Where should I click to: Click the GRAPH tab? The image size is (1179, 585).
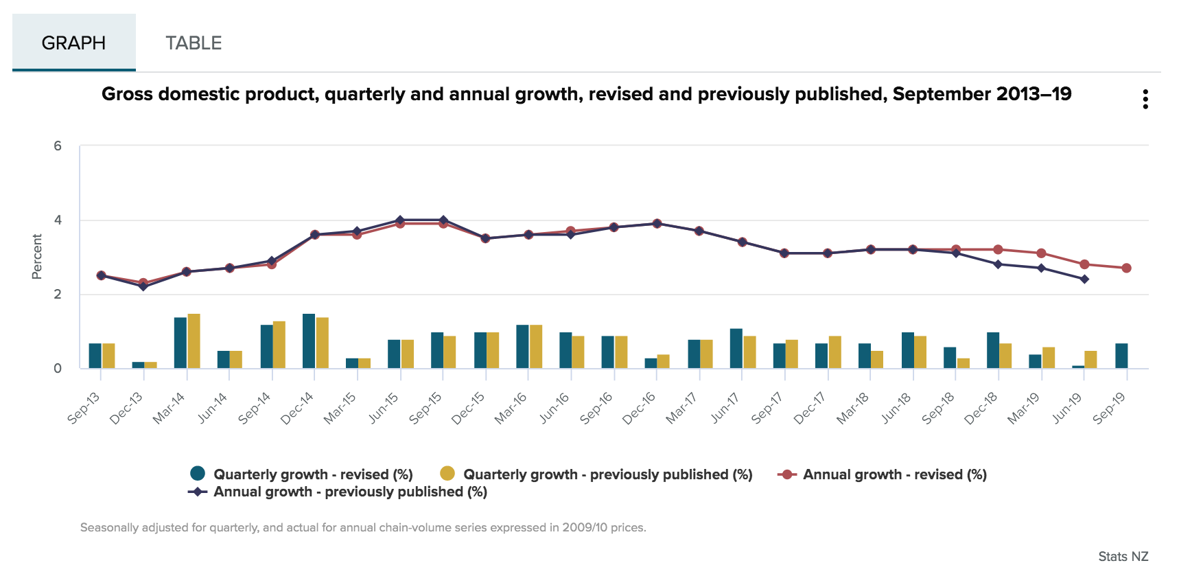coord(73,43)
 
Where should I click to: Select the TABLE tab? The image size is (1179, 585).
coord(194,43)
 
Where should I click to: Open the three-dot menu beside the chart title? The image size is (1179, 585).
coord(1145,100)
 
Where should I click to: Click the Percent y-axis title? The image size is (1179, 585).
coord(37,257)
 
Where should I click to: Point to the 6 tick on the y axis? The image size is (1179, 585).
coord(58,146)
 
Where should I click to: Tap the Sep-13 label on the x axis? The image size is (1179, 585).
coord(84,407)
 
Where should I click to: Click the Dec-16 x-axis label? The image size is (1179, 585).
coord(639,408)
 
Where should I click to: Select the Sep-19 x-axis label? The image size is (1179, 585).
coord(1109,407)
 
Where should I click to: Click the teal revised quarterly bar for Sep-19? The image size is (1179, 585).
coord(1121,356)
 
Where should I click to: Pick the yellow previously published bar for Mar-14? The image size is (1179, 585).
coord(194,341)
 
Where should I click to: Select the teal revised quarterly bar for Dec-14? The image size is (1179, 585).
coord(309,341)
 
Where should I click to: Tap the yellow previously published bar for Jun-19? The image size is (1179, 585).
coord(1090,359)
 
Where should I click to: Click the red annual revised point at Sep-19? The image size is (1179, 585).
coord(1126,268)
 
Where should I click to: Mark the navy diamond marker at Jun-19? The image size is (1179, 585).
coord(1084,279)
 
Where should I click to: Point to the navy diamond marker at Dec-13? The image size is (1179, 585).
coord(143,286)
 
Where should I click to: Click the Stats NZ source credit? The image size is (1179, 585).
coord(1123,556)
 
